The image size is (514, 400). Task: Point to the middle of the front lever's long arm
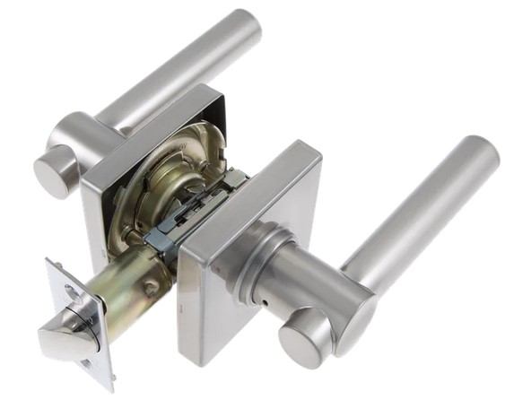[422, 215]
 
